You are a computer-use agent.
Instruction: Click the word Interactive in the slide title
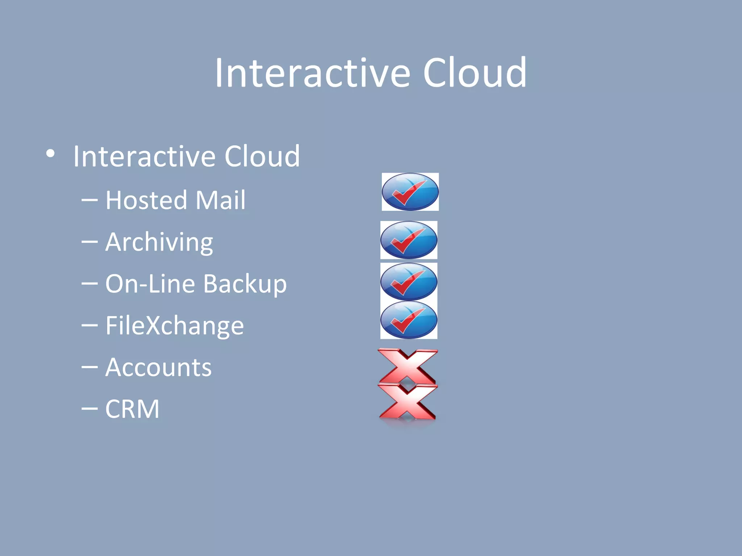313,73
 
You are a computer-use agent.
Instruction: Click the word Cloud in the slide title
475,73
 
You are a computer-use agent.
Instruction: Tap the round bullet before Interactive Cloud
50,154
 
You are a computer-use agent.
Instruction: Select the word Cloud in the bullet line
262,156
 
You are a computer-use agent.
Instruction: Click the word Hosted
146,200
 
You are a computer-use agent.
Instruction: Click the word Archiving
159,242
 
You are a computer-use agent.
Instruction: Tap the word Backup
245,284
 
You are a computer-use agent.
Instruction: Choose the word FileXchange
174,326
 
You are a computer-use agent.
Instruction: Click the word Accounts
158,367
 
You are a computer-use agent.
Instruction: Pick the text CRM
132,409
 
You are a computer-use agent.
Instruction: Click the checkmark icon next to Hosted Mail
410,192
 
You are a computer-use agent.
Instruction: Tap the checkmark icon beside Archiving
409,240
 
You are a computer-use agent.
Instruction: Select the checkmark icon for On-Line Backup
409,281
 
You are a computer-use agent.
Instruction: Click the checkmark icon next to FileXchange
409,320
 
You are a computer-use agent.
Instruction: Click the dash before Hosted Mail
89,200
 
